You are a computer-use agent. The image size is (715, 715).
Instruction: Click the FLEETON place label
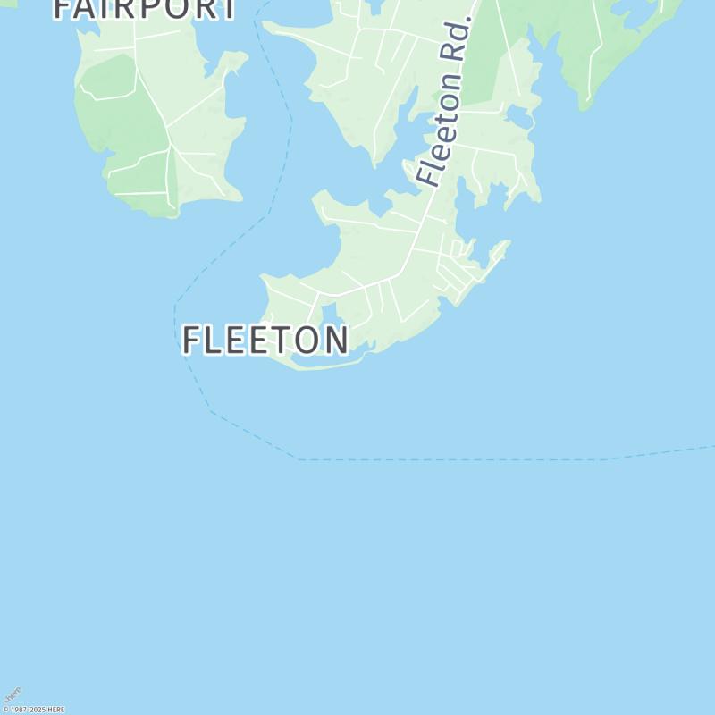tap(265, 341)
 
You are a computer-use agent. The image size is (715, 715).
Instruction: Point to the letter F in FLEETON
tap(191, 341)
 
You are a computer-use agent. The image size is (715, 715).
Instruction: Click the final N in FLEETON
tap(336, 341)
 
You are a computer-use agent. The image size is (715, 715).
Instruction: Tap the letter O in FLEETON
tap(305, 341)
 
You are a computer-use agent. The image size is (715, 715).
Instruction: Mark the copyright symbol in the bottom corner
tap(5, 710)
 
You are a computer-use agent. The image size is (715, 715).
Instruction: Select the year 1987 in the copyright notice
tap(18, 710)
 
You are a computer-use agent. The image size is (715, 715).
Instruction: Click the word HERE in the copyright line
tap(55, 710)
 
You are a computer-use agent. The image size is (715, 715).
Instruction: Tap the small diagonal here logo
tap(12, 695)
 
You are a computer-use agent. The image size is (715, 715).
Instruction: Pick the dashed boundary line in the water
tap(447, 459)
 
